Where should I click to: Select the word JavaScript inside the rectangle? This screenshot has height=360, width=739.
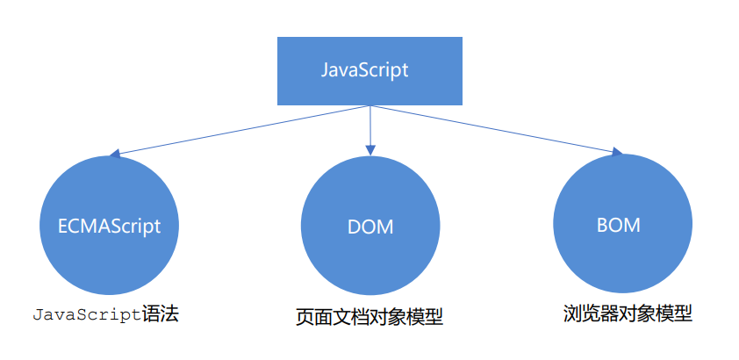tap(369, 71)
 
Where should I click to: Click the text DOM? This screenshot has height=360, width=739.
tap(369, 227)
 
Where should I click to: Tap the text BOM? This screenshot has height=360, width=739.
tap(618, 225)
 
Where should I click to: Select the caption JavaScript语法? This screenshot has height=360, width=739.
tap(104, 313)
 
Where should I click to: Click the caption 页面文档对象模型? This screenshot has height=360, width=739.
tap(369, 317)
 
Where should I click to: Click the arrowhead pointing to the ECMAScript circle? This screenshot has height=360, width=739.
tap(114, 154)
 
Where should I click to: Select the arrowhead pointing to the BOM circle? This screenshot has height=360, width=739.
tap(615, 154)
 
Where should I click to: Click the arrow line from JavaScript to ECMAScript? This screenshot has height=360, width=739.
tap(241, 130)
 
